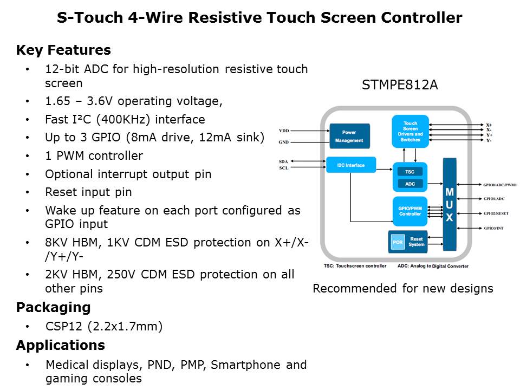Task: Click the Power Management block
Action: pyautogui.click(x=349, y=136)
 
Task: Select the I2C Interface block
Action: pyautogui.click(x=351, y=165)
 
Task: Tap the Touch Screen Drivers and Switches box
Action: pyautogui.click(x=410, y=131)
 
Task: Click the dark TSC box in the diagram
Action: pyautogui.click(x=410, y=171)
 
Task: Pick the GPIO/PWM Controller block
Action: pyautogui.click(x=409, y=211)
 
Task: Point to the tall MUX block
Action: pyautogui.click(x=450, y=204)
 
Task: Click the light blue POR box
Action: pyautogui.click(x=398, y=242)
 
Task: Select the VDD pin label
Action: pyautogui.click(x=284, y=131)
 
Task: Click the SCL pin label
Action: pyautogui.click(x=283, y=168)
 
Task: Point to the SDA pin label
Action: pyautogui.click(x=283, y=161)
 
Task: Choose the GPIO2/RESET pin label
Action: pyautogui.click(x=495, y=213)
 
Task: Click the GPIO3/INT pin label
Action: pyautogui.click(x=493, y=229)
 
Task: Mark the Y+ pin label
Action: pyautogui.click(x=489, y=135)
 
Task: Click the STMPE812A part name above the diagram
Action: pyautogui.click(x=400, y=85)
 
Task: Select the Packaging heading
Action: pyautogui.click(x=53, y=308)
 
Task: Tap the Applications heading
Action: pyautogui.click(x=60, y=345)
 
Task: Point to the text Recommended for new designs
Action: pyautogui.click(x=403, y=288)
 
